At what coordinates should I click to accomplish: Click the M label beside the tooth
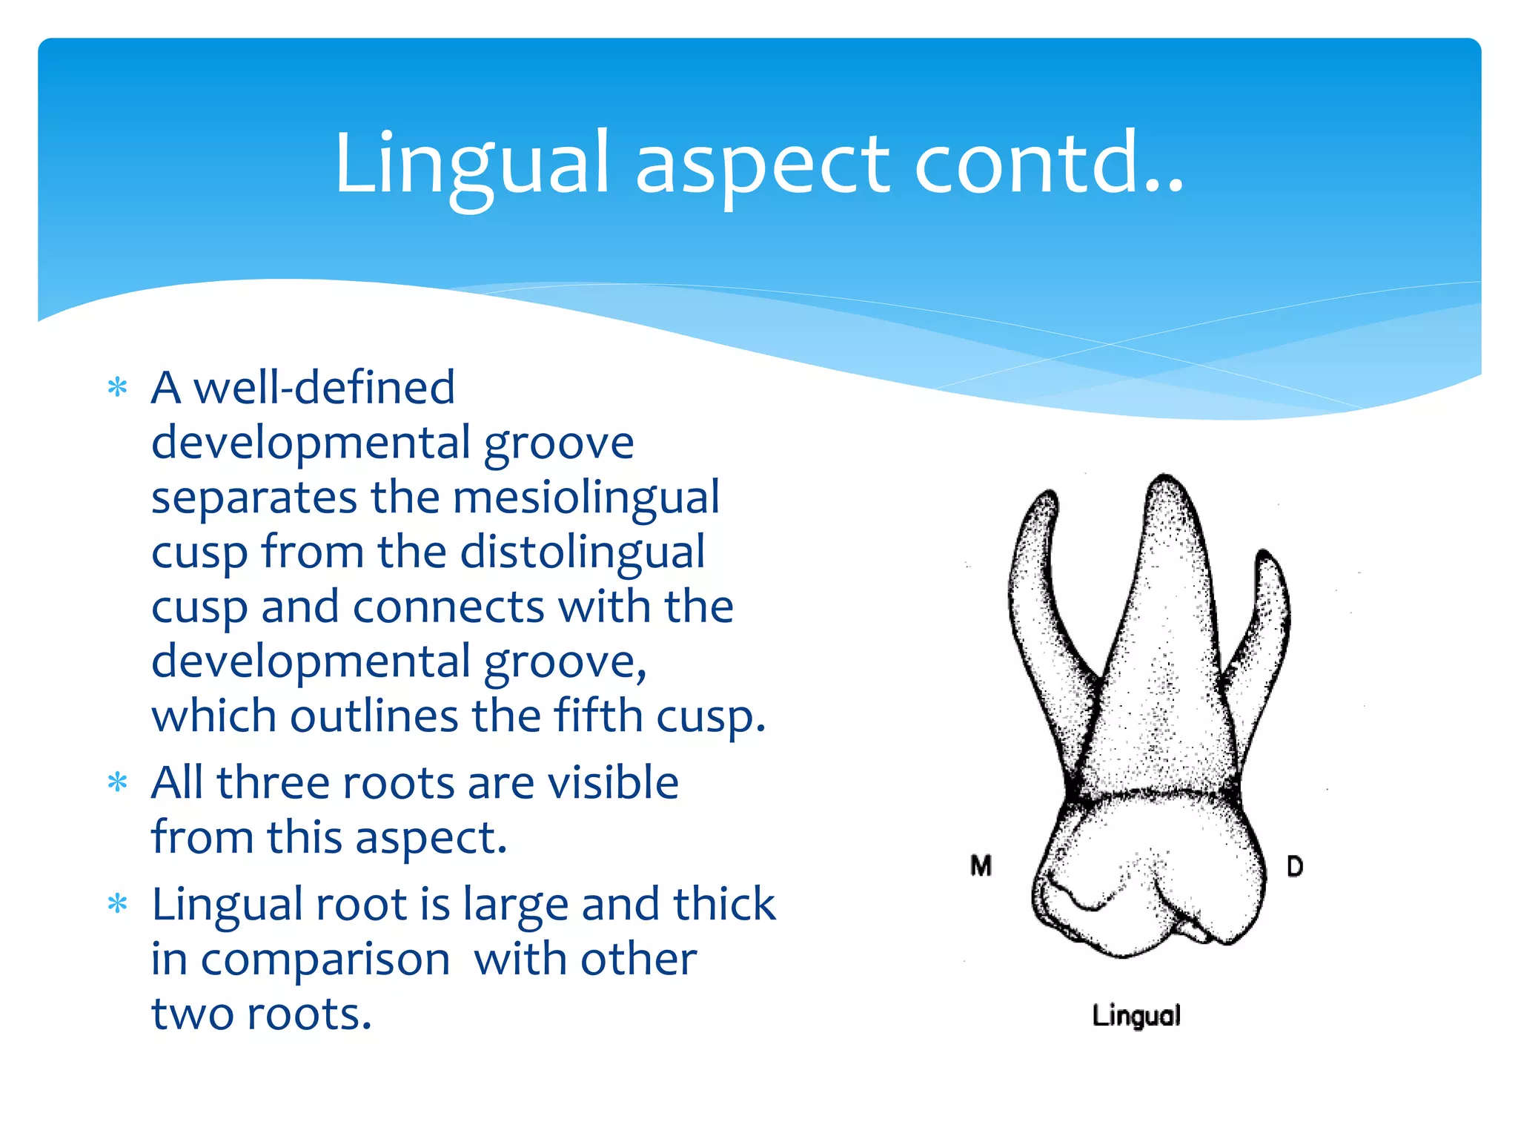[981, 865]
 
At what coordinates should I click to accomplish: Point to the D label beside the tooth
[1294, 866]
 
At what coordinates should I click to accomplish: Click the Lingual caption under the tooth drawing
[1136, 1015]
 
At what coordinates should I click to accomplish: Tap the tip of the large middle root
[1165, 478]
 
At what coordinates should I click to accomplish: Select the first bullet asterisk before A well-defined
[117, 387]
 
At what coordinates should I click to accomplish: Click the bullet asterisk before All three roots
[117, 782]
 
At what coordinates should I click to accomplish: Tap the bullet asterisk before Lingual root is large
[117, 904]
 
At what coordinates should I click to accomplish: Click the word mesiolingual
[586, 497]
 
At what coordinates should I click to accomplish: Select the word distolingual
[582, 552]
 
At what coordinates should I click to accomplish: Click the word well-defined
[324, 387]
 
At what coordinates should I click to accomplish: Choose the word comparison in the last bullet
[325, 959]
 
